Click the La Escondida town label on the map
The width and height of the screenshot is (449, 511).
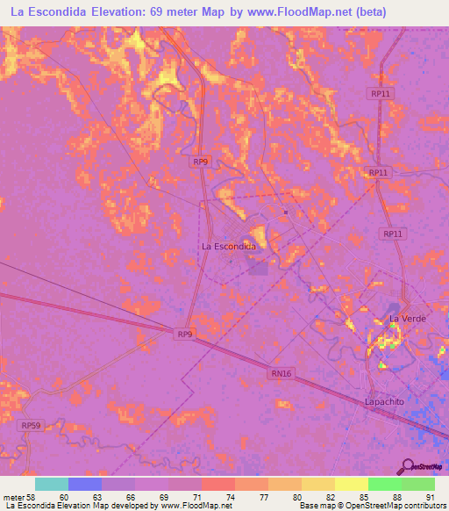click(229, 247)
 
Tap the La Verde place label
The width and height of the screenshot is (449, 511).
click(407, 318)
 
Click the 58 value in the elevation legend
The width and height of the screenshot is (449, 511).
click(35, 497)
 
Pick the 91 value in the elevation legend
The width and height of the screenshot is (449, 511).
click(430, 497)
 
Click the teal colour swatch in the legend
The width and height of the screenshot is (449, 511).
click(52, 484)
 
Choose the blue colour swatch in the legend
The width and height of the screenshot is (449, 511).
click(85, 484)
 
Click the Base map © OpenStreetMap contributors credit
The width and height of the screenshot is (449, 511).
click(371, 506)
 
